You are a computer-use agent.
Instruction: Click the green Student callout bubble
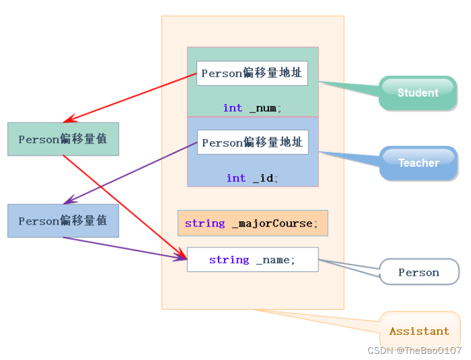[418, 93]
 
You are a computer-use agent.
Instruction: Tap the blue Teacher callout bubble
[419, 163]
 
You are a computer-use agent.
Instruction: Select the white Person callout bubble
[419, 272]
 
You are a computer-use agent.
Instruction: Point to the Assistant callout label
[420, 331]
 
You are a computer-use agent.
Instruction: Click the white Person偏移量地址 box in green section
[252, 73]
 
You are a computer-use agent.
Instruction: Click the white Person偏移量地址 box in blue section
[252, 142]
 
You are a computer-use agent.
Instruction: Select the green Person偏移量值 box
[63, 139]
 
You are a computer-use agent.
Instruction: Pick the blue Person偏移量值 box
[63, 221]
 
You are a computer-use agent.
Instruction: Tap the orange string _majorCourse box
[252, 223]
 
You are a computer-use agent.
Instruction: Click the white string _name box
[252, 260]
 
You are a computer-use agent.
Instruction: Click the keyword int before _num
[233, 108]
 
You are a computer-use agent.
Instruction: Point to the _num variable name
[263, 108]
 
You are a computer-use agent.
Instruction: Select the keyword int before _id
[236, 178]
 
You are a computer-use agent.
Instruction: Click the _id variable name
[264, 178]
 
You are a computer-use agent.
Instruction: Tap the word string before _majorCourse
[205, 223]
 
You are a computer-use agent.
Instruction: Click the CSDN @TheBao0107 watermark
[414, 350]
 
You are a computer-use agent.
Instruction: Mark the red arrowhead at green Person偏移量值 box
[70, 119]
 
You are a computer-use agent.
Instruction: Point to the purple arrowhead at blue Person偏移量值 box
[70, 199]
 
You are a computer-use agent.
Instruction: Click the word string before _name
[229, 260]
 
